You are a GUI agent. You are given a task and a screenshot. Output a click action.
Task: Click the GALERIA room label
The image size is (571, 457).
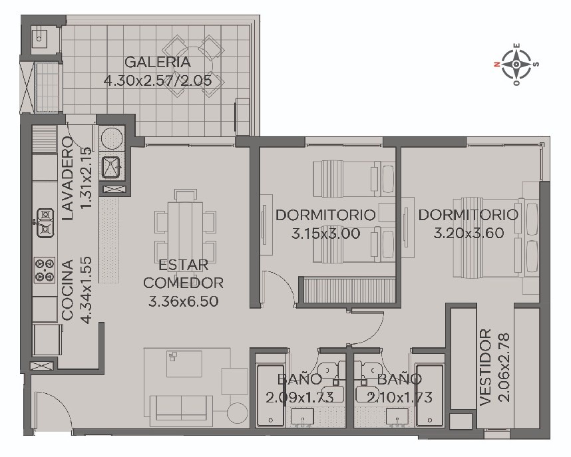[x=157, y=62]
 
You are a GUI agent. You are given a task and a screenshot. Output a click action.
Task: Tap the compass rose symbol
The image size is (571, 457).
[x=516, y=65]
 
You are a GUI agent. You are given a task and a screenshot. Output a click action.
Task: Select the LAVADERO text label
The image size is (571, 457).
[x=68, y=178]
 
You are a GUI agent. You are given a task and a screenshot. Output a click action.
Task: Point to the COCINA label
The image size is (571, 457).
[x=68, y=290]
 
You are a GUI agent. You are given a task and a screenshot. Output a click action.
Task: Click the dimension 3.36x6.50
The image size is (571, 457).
[x=183, y=301]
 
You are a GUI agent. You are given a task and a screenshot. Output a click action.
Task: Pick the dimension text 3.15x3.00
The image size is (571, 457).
[x=325, y=233]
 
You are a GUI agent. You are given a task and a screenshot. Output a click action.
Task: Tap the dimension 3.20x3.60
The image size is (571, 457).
[x=469, y=233]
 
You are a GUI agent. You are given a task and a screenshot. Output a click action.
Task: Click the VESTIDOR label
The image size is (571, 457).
[x=486, y=368]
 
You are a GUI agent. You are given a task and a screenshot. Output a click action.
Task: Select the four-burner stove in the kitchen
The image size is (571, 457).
[x=45, y=271]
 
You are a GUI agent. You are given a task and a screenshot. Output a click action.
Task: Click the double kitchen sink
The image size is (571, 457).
[x=45, y=223]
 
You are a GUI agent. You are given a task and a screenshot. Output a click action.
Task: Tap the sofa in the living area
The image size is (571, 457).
[x=182, y=410]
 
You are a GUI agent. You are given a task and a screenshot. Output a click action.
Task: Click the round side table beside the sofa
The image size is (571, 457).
[x=238, y=413]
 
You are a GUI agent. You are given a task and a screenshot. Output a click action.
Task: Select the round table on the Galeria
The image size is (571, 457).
[x=193, y=67]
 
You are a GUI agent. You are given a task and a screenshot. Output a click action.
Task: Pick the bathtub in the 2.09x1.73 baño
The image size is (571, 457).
[x=270, y=395]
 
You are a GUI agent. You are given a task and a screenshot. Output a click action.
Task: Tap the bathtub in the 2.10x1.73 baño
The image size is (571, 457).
[x=430, y=395]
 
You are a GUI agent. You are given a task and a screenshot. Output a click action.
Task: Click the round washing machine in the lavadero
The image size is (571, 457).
[x=112, y=138]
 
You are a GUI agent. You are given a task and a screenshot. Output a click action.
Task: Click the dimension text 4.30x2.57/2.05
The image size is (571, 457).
[x=158, y=80]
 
